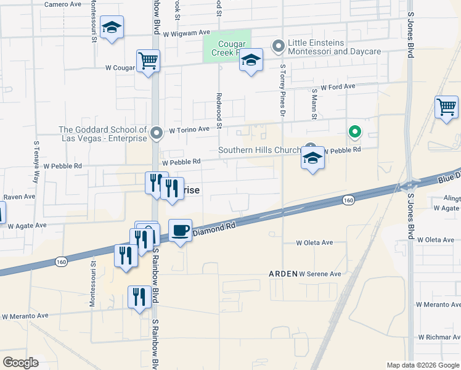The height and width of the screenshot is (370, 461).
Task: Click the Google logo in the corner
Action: [20, 363]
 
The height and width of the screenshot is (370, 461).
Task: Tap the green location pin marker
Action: [354, 131]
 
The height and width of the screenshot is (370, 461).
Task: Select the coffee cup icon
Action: [180, 231]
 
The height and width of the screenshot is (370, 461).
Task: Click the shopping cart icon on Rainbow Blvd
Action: [148, 62]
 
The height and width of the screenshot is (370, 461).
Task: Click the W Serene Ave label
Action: [320, 274]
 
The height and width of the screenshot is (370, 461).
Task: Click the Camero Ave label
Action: [63, 4]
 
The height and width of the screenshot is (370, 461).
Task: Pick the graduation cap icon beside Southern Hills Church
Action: [312, 158]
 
